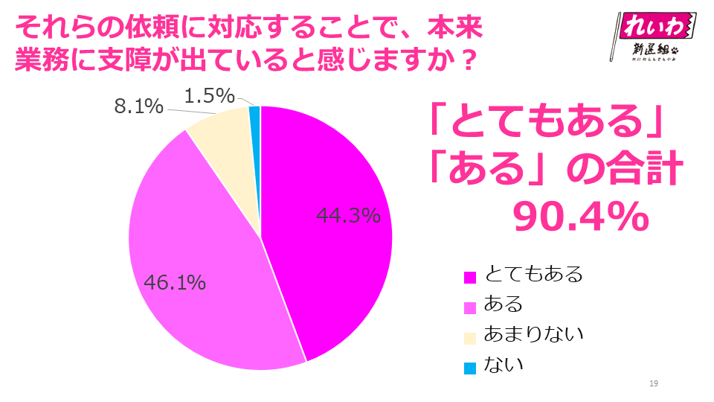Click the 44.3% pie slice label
[x=349, y=216]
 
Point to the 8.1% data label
[x=138, y=107]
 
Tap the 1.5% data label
[x=209, y=96]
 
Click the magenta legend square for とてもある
[x=469, y=276]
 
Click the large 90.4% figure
[x=580, y=217]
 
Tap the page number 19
[x=654, y=383]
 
